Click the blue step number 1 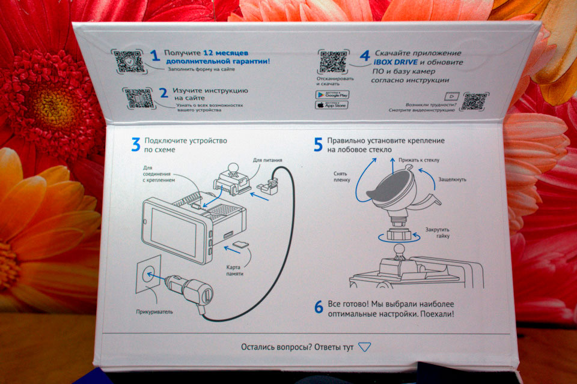[x=155, y=56]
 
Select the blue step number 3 [x=136, y=144]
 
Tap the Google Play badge [x=332, y=95]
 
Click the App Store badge [x=332, y=105]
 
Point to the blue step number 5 [x=318, y=144]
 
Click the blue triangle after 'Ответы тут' [x=364, y=347]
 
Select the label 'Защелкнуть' [x=452, y=179]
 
